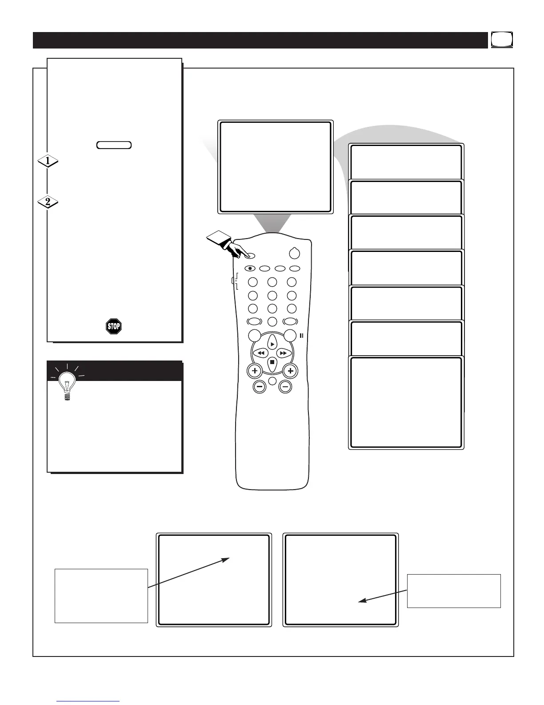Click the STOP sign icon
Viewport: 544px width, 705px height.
114,326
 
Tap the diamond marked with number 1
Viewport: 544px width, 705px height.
48,161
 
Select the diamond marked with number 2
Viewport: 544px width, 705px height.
48,202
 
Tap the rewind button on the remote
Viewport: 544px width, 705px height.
259,353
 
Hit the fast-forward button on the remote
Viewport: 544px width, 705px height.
283,353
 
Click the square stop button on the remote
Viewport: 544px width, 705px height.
272,362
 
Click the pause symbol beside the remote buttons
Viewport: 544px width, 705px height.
301,336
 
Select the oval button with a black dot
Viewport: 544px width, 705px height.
250,268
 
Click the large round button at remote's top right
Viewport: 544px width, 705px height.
294,253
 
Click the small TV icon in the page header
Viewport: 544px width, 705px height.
502,40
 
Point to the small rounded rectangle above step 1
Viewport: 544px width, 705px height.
114,145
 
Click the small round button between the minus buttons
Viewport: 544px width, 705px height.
272,381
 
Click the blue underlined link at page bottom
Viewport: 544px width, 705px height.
88,702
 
